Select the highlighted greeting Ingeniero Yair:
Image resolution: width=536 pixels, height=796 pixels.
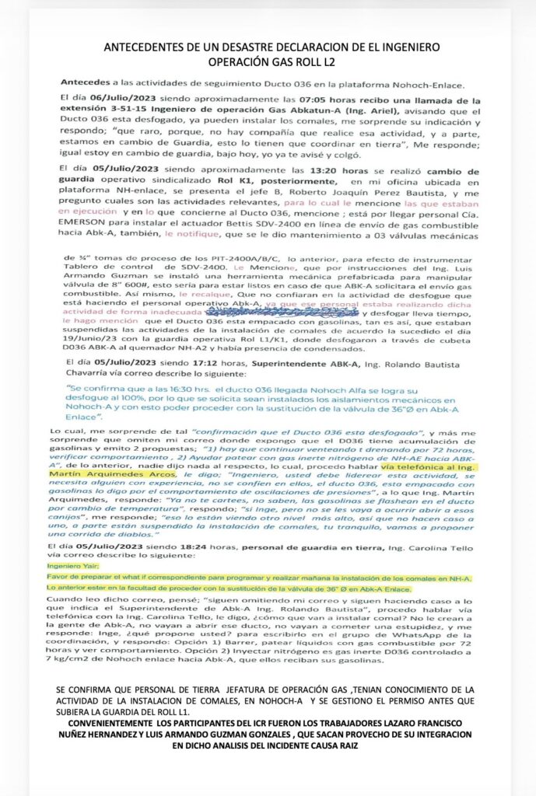[71, 566]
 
